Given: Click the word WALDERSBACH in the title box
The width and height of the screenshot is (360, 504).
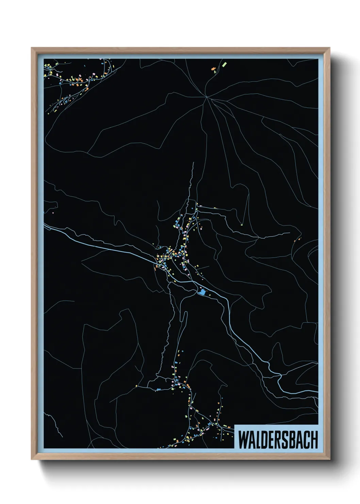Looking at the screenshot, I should click(x=277, y=440).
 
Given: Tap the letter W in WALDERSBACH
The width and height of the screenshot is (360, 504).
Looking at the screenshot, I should click(x=244, y=440).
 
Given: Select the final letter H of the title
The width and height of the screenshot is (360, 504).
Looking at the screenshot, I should click(x=314, y=440).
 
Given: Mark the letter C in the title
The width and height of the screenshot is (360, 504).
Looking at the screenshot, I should click(x=307, y=440).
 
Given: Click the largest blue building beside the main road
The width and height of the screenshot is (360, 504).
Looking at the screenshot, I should click(x=202, y=292).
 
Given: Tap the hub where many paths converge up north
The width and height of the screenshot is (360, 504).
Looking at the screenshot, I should click(x=206, y=97).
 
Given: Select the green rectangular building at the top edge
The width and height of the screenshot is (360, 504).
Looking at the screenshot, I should click(x=224, y=64).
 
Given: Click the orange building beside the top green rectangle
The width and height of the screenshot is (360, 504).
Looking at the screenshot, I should click(x=214, y=69).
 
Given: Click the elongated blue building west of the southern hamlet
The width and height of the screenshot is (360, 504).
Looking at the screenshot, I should click(x=159, y=389).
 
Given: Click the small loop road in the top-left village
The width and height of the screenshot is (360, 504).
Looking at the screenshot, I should click(x=65, y=101).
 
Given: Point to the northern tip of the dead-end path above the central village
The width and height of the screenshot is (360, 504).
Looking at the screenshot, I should click(x=193, y=163).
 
